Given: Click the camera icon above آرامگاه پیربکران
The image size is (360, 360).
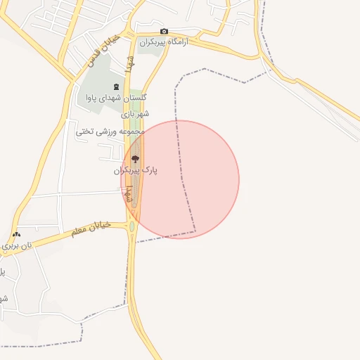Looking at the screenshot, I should tap(164, 31).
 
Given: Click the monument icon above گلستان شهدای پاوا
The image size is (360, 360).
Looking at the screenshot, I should tap(116, 86).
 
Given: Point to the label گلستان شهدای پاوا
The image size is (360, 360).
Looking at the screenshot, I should tap(115, 98).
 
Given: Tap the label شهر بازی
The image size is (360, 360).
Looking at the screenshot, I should tap(135, 113).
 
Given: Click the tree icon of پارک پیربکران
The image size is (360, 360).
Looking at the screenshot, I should tap(135, 158).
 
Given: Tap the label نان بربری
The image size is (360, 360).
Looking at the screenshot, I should tap(17, 246).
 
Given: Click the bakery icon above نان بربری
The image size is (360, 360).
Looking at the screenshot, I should tap(17, 234).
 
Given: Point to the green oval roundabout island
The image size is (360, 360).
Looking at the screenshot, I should tap(132, 226).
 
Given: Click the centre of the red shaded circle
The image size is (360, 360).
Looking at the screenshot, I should tap(181, 179).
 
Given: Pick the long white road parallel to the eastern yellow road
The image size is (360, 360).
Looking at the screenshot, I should tap(309, 98).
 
